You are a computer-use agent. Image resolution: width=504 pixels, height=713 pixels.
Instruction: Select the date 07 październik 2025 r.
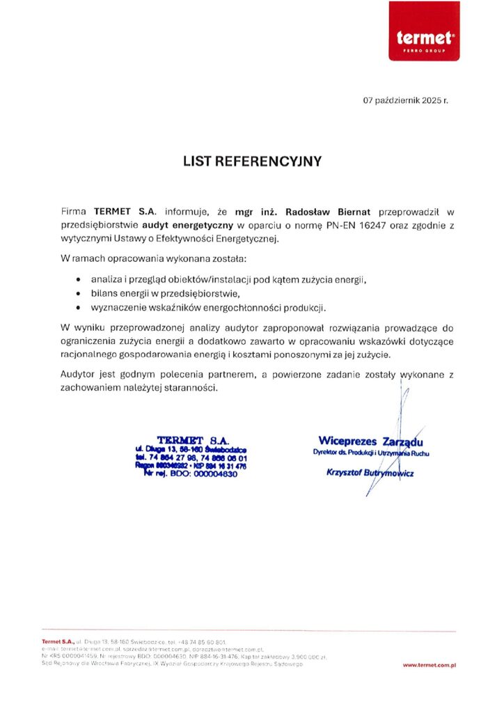pyautogui.click(x=406, y=100)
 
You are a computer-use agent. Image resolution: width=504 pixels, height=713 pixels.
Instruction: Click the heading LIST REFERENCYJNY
pyautogui.click(x=252, y=162)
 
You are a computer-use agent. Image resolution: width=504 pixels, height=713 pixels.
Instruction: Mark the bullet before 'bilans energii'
pyautogui.click(x=78, y=294)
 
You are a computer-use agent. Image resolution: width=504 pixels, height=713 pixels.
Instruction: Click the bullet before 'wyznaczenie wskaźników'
pyautogui.click(x=78, y=308)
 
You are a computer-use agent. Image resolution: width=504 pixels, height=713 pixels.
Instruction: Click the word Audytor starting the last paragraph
pyautogui.click(x=80, y=375)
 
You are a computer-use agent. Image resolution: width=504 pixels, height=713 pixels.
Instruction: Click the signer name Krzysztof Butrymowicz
pyautogui.click(x=370, y=473)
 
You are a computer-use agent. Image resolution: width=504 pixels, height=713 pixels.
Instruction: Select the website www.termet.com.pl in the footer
pyautogui.click(x=429, y=666)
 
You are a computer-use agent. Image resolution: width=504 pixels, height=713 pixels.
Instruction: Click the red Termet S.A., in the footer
pyautogui.click(x=58, y=641)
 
